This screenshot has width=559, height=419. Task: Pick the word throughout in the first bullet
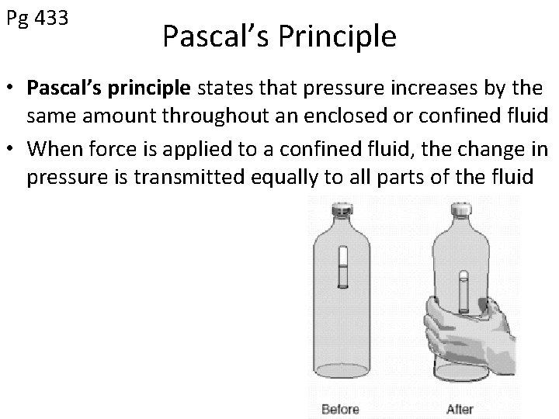tap(204, 117)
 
